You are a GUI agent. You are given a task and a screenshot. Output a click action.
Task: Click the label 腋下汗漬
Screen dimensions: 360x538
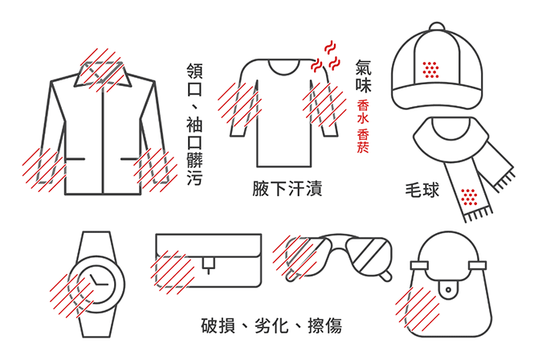click(287, 190)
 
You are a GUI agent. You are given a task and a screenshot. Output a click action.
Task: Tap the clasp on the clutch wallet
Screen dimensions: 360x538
click(209, 263)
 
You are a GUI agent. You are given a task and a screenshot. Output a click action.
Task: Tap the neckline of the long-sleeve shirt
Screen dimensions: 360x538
click(287, 63)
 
